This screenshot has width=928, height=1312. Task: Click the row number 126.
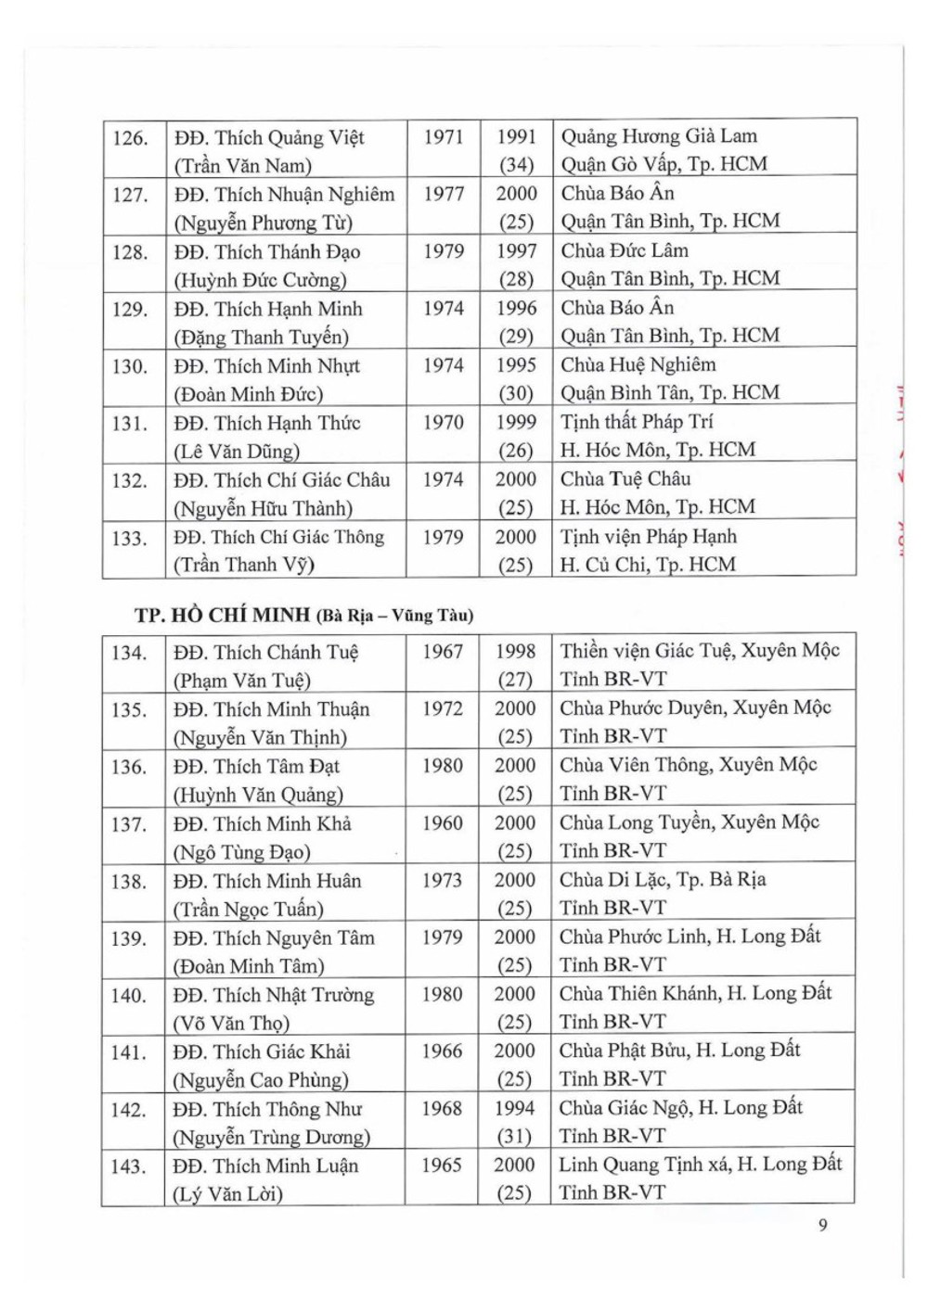[x=130, y=138]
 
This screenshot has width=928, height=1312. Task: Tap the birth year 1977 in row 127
[x=444, y=194]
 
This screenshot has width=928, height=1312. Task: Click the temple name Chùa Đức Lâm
[x=625, y=250]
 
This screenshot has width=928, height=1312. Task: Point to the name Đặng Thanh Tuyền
[x=262, y=337]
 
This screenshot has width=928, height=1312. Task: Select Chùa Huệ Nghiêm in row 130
[x=638, y=364]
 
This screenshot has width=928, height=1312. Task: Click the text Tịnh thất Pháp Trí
[x=637, y=422]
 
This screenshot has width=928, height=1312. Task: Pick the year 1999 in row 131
[x=516, y=422]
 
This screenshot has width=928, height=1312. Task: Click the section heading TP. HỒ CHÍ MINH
[x=223, y=615]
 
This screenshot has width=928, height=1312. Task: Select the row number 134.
[x=129, y=653]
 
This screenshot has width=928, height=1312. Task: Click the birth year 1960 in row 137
[x=442, y=823]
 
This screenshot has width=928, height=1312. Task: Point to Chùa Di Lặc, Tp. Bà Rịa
[x=663, y=879]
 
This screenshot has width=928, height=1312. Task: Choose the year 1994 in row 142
[x=514, y=1108]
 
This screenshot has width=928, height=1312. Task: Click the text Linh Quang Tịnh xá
[x=644, y=1165]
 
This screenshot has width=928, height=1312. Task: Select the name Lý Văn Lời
[x=227, y=1194]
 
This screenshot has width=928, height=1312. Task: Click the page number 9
[x=822, y=1225]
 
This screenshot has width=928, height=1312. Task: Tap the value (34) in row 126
[x=516, y=165]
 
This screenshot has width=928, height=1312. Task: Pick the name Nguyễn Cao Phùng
[x=261, y=1080]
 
